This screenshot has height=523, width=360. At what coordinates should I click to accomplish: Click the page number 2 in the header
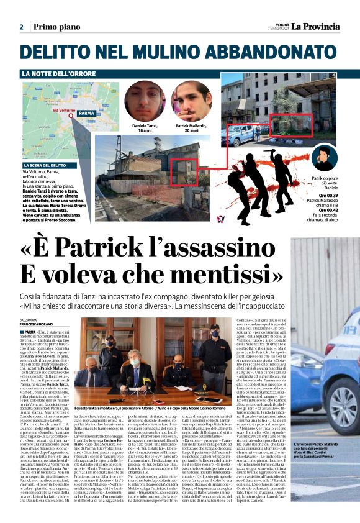tap(21, 27)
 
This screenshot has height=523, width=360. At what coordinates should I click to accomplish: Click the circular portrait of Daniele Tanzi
tap(145, 101)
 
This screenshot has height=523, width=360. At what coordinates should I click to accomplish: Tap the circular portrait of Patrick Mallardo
tap(191, 101)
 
